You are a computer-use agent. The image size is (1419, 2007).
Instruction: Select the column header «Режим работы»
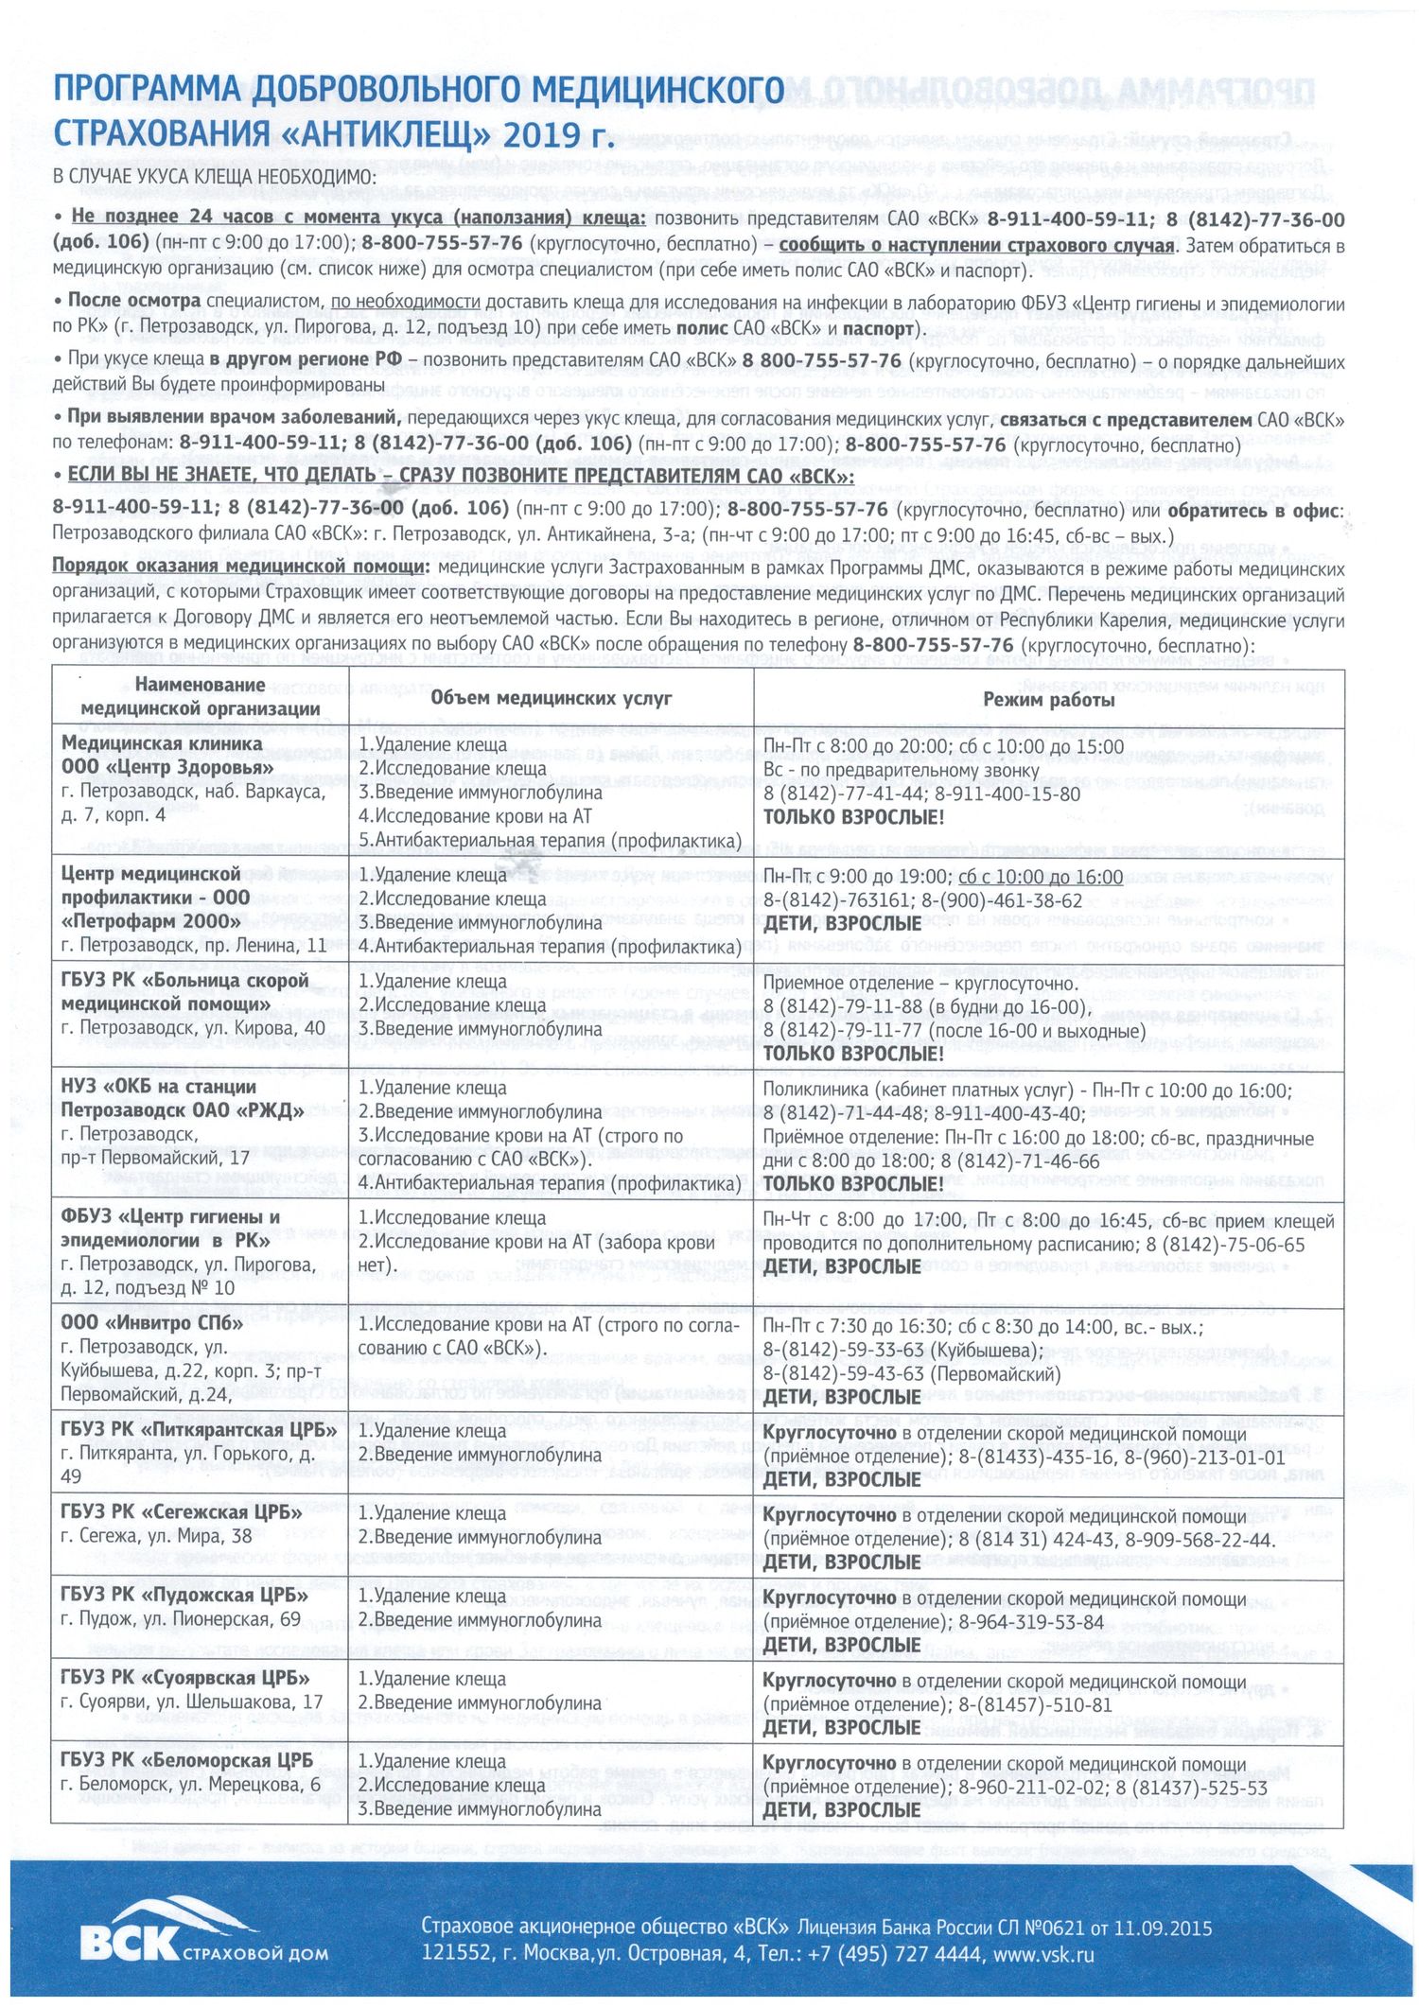tap(1048, 700)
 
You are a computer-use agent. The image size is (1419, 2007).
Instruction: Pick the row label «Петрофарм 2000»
tap(152, 921)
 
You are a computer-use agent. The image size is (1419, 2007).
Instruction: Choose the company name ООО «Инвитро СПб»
tap(151, 1323)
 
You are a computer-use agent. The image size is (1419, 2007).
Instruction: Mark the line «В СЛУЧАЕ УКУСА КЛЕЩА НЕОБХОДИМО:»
tap(215, 176)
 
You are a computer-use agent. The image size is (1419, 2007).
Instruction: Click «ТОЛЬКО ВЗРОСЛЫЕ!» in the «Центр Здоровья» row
tap(853, 817)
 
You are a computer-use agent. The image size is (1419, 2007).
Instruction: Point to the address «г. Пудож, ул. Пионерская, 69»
tap(181, 1619)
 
